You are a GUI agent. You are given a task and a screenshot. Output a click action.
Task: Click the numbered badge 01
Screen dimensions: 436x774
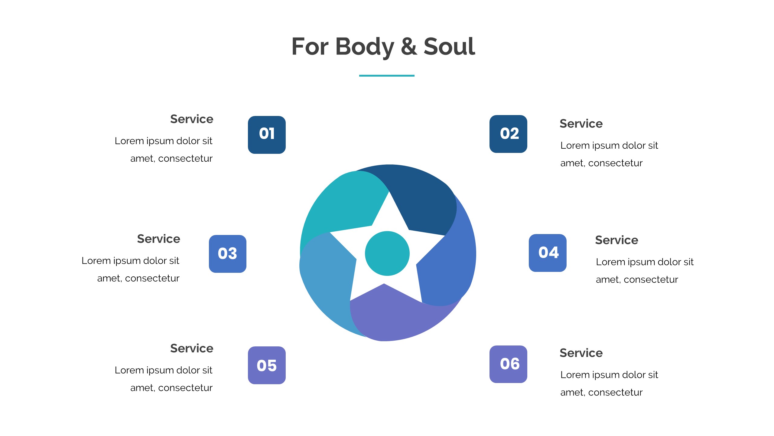(x=267, y=135)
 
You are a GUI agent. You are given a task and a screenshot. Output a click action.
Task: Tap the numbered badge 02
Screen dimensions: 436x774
(x=508, y=134)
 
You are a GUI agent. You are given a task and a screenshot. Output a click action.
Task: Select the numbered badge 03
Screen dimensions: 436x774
(x=228, y=254)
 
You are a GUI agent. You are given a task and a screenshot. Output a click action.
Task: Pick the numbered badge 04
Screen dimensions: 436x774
(x=548, y=253)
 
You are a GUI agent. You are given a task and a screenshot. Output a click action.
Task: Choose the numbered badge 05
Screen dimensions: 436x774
(x=267, y=365)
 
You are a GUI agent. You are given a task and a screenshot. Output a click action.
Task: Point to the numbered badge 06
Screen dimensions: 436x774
(x=508, y=364)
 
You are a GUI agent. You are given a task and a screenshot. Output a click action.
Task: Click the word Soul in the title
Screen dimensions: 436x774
(x=449, y=47)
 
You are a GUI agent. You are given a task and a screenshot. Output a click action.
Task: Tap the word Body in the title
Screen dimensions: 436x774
(x=365, y=47)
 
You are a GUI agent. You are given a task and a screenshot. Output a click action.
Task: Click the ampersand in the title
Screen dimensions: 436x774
(x=409, y=47)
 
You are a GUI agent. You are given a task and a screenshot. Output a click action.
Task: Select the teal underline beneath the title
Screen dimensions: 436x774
(x=387, y=76)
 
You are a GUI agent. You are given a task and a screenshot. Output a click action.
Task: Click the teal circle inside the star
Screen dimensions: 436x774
(x=387, y=253)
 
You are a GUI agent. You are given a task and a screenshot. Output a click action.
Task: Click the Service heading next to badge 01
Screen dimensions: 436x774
(x=192, y=119)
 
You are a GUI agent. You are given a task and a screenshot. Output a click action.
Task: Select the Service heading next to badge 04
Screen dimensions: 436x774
(x=616, y=240)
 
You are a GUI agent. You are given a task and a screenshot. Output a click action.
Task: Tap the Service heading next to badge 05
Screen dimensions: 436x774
(x=192, y=348)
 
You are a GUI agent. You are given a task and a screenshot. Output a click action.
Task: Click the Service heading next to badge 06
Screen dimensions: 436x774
(x=581, y=353)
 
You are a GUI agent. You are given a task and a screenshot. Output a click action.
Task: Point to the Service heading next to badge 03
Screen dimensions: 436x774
(x=158, y=239)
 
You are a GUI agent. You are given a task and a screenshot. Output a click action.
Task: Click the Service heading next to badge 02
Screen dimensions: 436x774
(x=581, y=124)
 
